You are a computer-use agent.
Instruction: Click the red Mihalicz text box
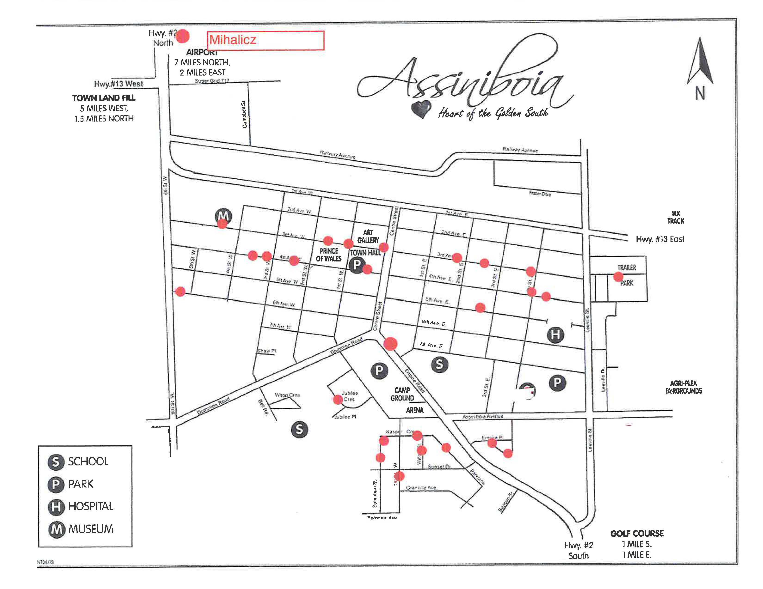[265, 40]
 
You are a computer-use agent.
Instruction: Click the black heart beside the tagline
[421, 109]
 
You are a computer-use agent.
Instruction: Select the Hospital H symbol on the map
[555, 335]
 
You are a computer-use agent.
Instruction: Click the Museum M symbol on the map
[224, 216]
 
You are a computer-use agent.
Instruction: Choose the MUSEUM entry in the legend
[81, 529]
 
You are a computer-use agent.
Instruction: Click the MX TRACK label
[676, 217]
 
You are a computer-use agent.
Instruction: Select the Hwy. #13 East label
[660, 239]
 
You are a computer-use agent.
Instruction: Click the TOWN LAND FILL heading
[104, 98]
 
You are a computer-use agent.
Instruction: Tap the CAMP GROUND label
[402, 394]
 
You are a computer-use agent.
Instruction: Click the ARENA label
[415, 410]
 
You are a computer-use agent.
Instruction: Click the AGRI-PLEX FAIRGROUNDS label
[683, 387]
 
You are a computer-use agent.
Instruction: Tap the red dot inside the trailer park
[618, 277]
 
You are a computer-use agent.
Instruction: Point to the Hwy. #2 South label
[578, 550]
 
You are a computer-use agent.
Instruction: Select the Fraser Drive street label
[540, 194]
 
